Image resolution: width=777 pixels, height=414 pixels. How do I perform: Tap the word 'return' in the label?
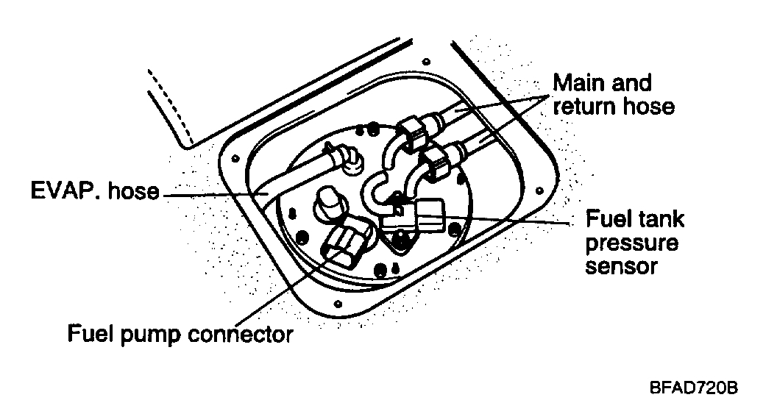578,107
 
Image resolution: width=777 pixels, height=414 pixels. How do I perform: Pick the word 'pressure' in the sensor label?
631,242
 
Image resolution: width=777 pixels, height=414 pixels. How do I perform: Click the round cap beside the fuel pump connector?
327,201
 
